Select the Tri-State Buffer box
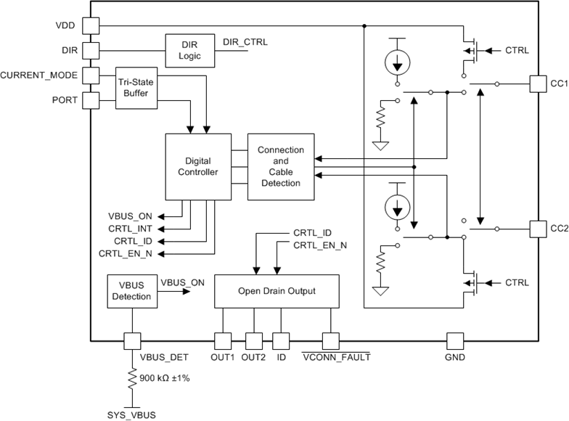(x=136, y=88)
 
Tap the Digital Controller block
(x=197, y=166)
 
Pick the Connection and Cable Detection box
(x=281, y=166)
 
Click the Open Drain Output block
(x=276, y=291)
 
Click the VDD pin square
(x=90, y=25)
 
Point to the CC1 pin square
(x=539, y=83)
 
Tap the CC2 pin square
(x=539, y=228)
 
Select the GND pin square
(x=455, y=340)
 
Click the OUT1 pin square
(x=222, y=340)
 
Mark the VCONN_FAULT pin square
(x=331, y=340)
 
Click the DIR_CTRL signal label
(x=245, y=42)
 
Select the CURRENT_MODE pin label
(x=39, y=75)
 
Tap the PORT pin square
(x=90, y=99)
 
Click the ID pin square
(x=280, y=340)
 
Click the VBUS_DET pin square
(x=131, y=340)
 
